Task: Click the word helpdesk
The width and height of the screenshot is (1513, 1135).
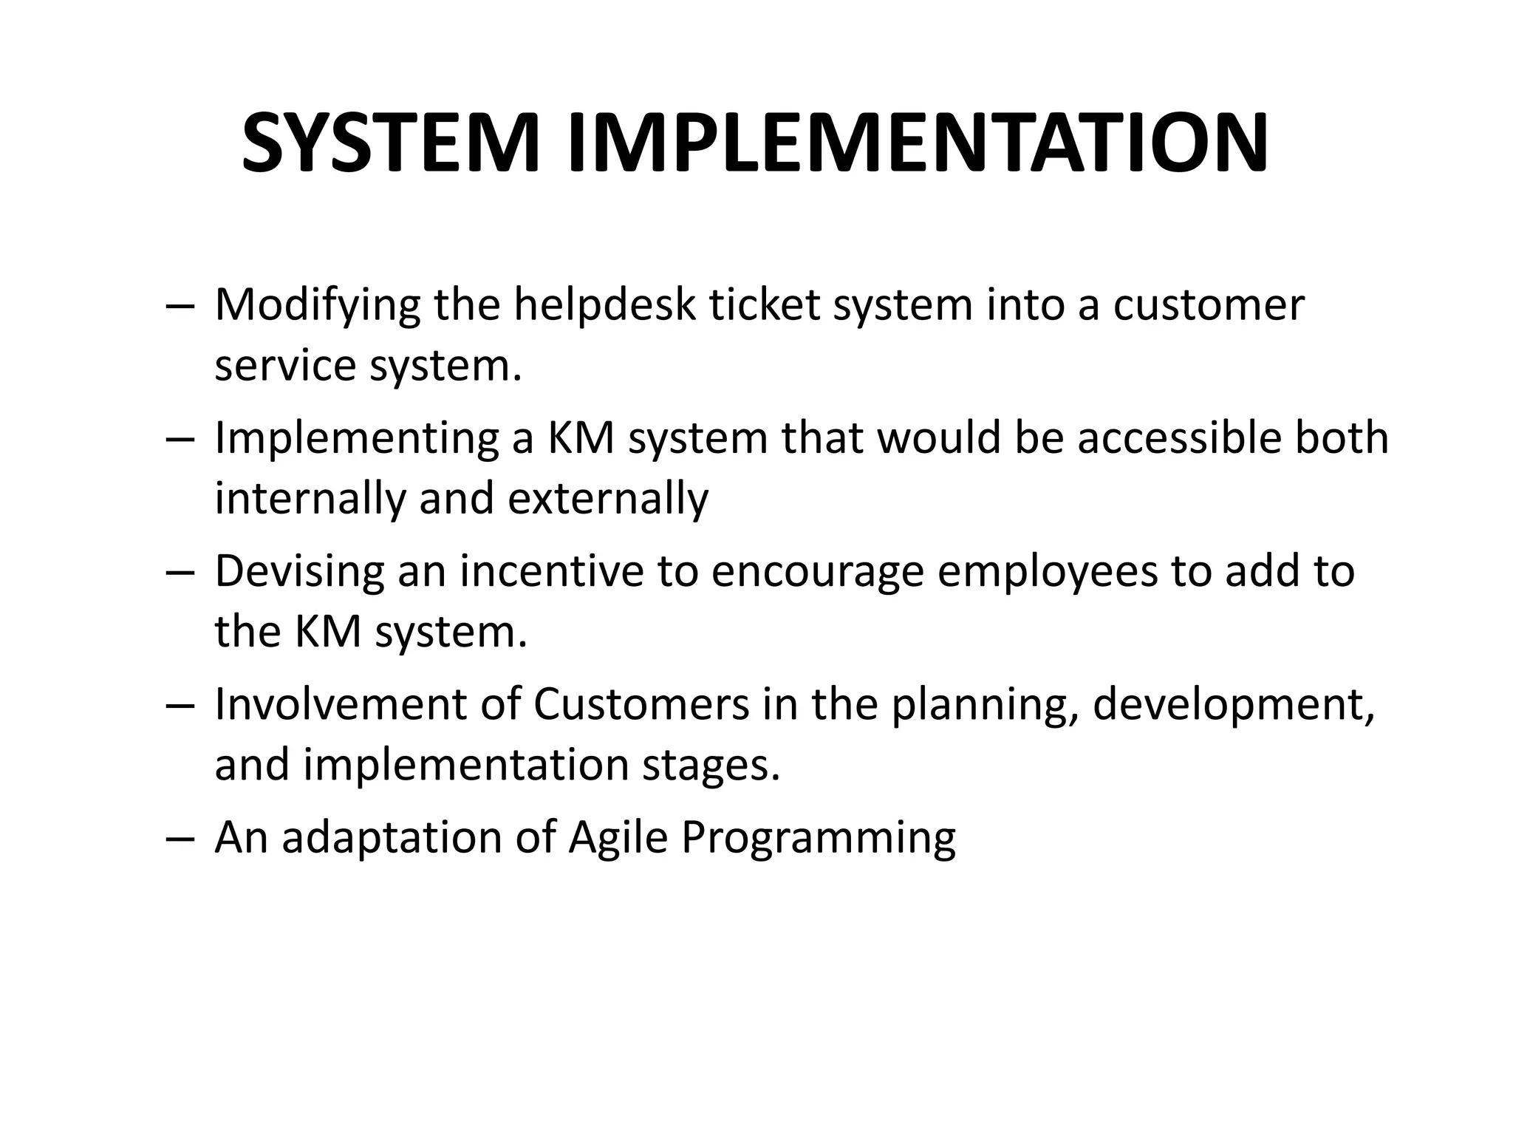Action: click(x=604, y=304)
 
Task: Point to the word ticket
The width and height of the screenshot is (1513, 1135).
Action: click(x=765, y=304)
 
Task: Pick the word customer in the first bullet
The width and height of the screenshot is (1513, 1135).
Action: click(x=1209, y=304)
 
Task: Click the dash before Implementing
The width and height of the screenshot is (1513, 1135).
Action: click(x=180, y=439)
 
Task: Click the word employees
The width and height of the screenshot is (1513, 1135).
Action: click(x=1048, y=573)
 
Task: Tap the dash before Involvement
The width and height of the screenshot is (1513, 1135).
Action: click(x=180, y=705)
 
